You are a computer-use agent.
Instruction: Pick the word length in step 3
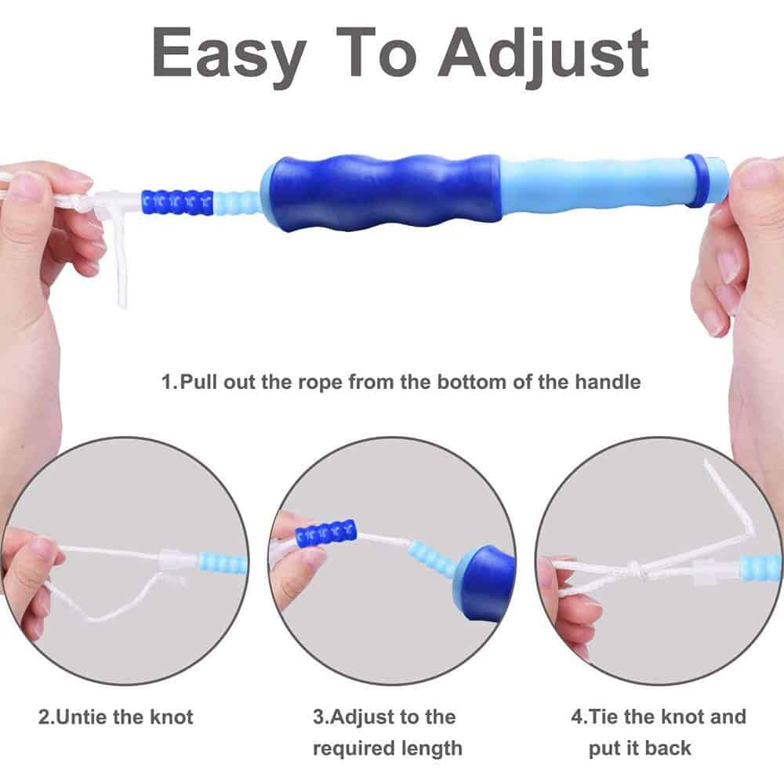(x=432, y=747)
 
